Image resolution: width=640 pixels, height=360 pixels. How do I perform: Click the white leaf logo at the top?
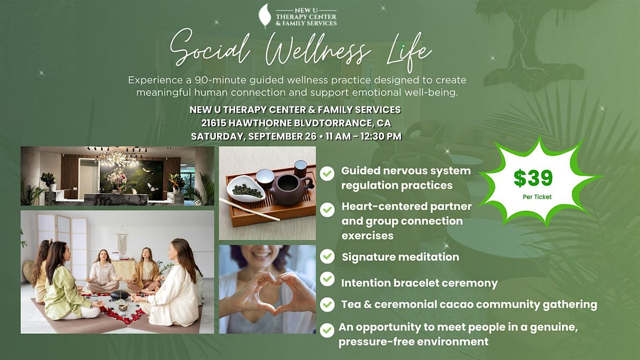(265, 15)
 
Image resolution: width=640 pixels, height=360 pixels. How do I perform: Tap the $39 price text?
(533, 178)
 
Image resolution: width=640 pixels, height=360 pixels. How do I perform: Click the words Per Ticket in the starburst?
(537, 197)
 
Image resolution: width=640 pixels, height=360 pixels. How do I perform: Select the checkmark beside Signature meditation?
(327, 257)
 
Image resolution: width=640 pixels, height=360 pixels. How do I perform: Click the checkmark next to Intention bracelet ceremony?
(327, 279)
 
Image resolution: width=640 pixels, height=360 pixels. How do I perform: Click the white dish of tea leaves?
(246, 188)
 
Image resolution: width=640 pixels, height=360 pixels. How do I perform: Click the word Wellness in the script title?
(318, 51)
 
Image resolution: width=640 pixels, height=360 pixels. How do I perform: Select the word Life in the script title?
(409, 52)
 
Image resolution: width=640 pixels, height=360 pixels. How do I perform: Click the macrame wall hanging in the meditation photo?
(122, 243)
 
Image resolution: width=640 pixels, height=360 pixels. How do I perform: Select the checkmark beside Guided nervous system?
(327, 173)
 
